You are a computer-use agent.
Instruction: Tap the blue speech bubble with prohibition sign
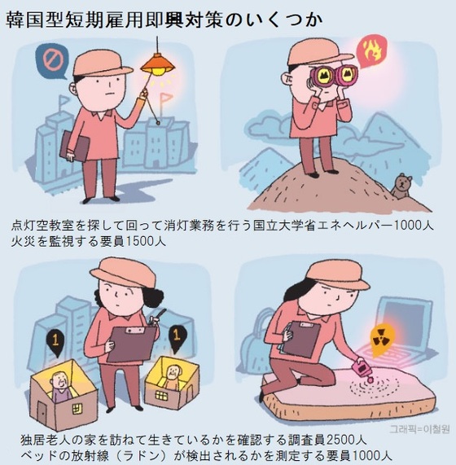52,61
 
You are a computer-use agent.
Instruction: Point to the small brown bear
401,187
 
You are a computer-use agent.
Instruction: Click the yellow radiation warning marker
382,340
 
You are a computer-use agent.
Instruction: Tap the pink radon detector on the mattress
363,370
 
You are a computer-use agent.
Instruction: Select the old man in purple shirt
60,387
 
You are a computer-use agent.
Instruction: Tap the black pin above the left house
55,343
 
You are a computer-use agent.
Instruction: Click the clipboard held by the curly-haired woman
131,344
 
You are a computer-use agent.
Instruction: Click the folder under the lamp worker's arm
74,147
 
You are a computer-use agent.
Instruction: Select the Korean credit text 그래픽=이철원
419,429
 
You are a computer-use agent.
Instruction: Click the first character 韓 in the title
15,20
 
